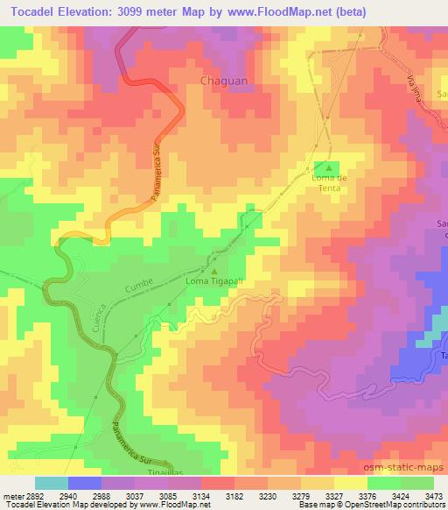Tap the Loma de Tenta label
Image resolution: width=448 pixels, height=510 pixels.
(330, 182)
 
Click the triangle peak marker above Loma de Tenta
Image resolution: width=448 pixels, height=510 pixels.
(330, 167)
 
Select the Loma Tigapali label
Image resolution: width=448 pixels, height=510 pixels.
(213, 282)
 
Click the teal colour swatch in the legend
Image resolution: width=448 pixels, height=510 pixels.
(50, 483)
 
